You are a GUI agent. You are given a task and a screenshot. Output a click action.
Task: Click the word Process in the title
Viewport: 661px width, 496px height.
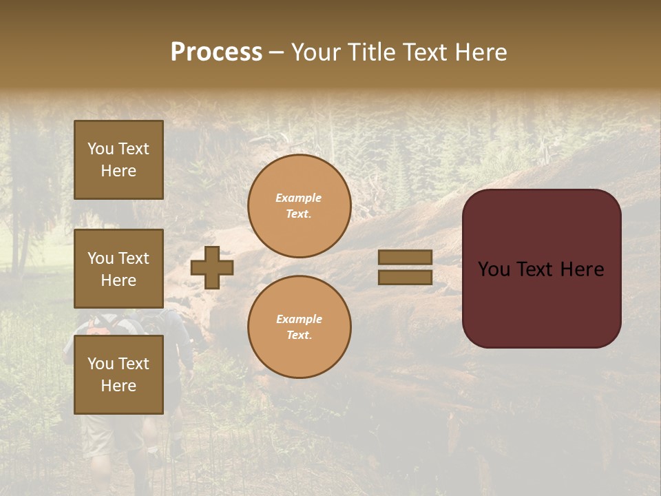pos(216,52)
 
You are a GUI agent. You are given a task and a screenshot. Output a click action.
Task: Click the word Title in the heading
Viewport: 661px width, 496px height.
pos(370,52)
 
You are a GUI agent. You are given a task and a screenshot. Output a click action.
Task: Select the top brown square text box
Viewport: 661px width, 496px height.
pos(118,160)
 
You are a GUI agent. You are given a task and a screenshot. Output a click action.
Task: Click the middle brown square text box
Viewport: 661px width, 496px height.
pos(118,269)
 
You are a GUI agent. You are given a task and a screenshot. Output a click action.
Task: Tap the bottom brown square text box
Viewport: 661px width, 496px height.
pos(118,375)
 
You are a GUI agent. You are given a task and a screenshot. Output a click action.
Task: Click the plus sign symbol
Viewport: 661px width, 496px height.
pos(212,267)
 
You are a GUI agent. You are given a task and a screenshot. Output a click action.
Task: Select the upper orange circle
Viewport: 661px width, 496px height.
pos(299,205)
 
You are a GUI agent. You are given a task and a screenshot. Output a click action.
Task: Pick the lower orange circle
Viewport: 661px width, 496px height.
pos(299,327)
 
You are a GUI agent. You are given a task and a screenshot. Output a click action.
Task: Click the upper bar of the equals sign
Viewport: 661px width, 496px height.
pos(405,257)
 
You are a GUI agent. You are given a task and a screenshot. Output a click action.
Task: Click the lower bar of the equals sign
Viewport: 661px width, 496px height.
pos(405,277)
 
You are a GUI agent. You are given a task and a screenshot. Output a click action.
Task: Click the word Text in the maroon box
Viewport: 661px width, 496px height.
pos(536,269)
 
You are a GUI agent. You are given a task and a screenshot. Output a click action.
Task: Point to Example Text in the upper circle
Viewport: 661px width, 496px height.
pos(299,205)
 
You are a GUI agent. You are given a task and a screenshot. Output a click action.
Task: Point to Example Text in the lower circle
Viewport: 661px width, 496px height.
pos(299,327)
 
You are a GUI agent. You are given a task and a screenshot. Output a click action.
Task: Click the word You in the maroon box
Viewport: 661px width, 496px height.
pos(494,269)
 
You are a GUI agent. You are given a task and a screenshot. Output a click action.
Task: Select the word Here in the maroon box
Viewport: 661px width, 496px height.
pos(582,269)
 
